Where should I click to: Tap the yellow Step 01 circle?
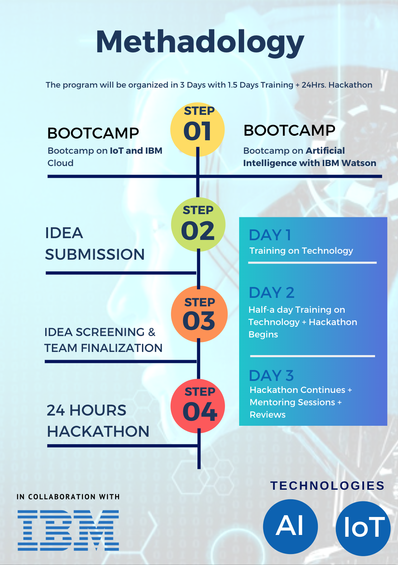(197, 129)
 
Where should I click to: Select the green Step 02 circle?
(198, 224)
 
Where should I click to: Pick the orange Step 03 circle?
(199, 314)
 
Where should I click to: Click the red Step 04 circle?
(198, 406)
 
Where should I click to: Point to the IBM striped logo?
(68, 530)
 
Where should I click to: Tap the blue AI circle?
(290, 526)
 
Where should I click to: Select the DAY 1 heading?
(270, 235)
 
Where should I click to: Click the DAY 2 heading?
(272, 293)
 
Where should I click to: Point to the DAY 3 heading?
(271, 376)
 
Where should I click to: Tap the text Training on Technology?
(301, 251)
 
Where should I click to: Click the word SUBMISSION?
(95, 254)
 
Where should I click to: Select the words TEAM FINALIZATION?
(103, 348)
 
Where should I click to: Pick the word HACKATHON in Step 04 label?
(98, 431)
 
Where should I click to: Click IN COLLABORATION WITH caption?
(68, 497)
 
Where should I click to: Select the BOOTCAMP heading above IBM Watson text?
(289, 130)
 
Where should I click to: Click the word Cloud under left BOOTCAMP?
(60, 163)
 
